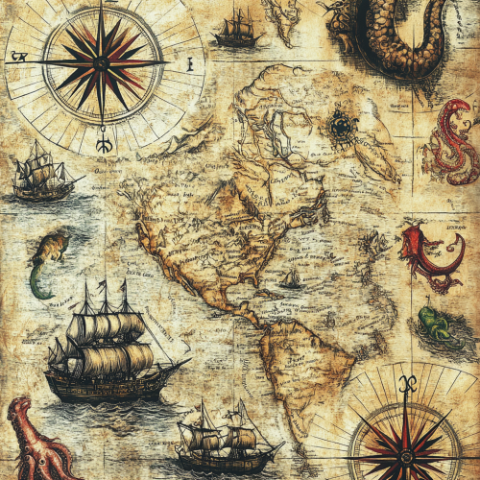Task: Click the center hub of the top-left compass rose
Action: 101,63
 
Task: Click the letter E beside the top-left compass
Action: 190,64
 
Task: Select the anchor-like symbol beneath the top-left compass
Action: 103,144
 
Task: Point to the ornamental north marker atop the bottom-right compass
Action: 406,383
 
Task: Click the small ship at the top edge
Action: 237,32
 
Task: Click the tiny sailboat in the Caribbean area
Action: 290,279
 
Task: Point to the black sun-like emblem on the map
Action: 341,126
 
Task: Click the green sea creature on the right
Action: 435,324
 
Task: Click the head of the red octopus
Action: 22,422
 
